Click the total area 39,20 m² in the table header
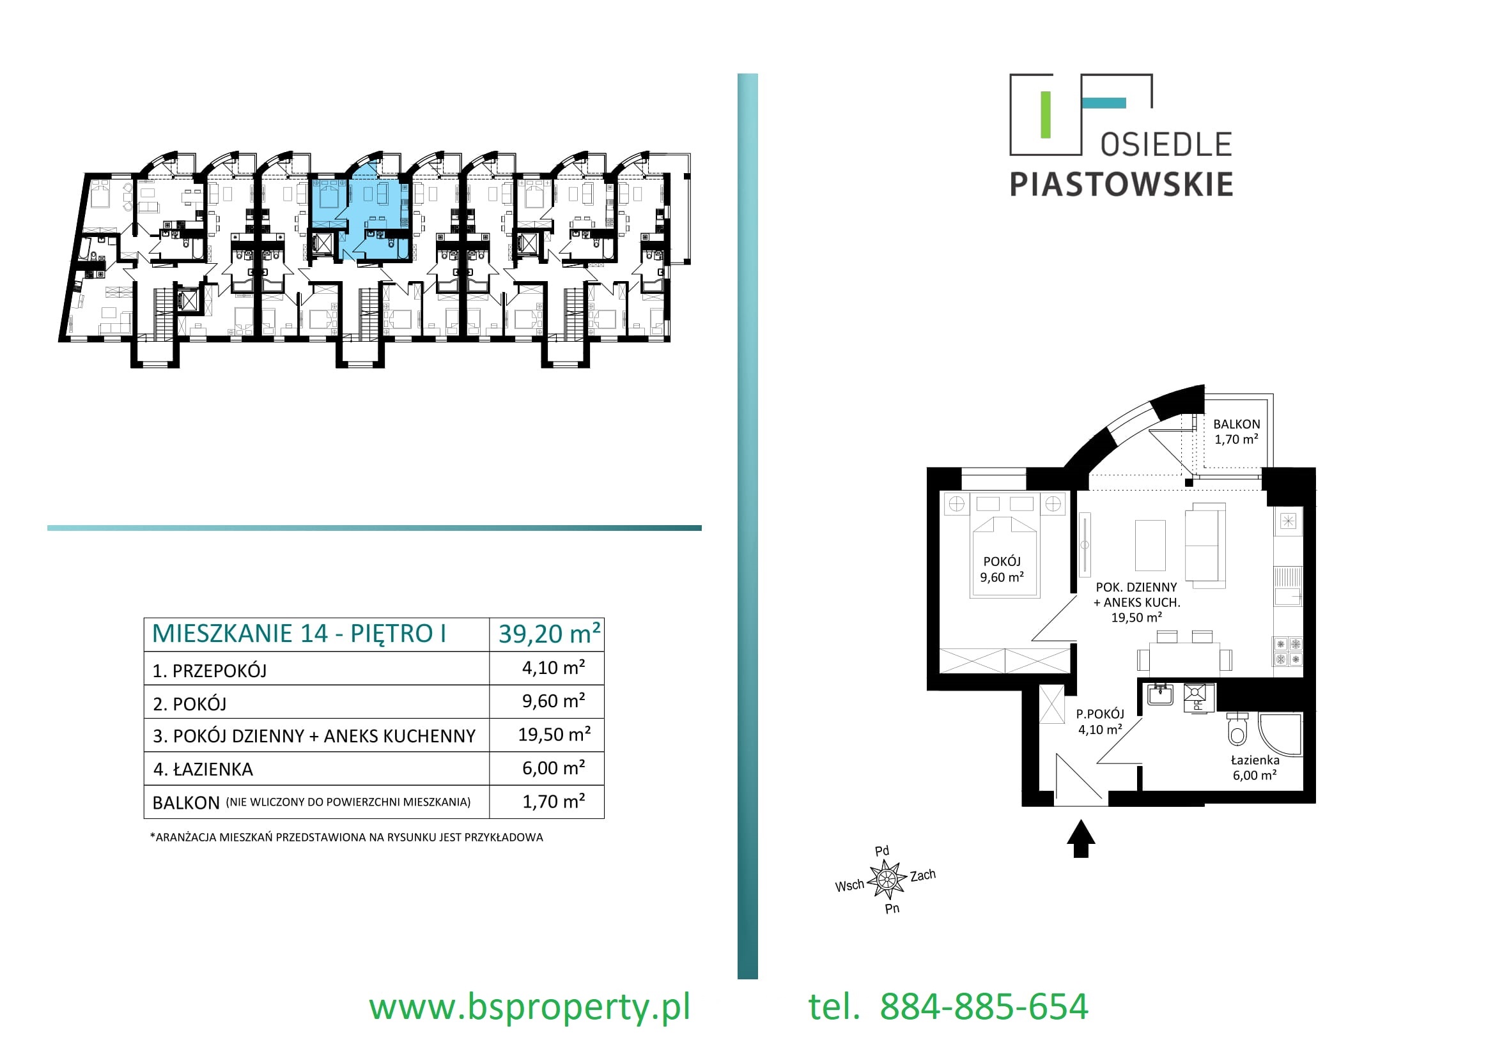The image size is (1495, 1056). click(x=549, y=634)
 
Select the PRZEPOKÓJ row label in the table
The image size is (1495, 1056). click(x=219, y=671)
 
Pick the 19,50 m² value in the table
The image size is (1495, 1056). click(x=554, y=735)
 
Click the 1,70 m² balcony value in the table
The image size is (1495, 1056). click(x=554, y=802)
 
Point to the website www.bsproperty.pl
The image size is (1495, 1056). click(x=529, y=1007)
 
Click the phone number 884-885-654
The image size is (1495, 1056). click(x=984, y=1007)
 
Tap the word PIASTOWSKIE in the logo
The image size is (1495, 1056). click(x=1121, y=185)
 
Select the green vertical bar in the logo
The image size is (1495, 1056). click(x=1046, y=115)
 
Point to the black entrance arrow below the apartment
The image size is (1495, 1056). click(x=1081, y=839)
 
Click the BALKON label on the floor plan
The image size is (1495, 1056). click(x=1237, y=424)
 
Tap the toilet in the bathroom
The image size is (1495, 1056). click(x=1237, y=730)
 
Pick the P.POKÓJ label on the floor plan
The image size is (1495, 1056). click(x=1101, y=714)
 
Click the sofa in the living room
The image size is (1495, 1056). click(x=1205, y=546)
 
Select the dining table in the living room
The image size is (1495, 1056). click(x=1184, y=659)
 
